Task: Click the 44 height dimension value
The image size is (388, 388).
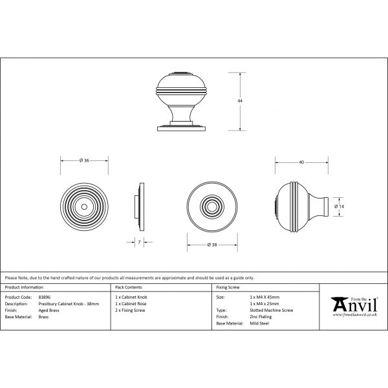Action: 241,102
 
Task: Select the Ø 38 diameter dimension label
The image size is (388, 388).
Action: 211,244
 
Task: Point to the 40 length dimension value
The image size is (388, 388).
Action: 302,162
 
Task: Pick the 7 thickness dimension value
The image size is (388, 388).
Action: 140,241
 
